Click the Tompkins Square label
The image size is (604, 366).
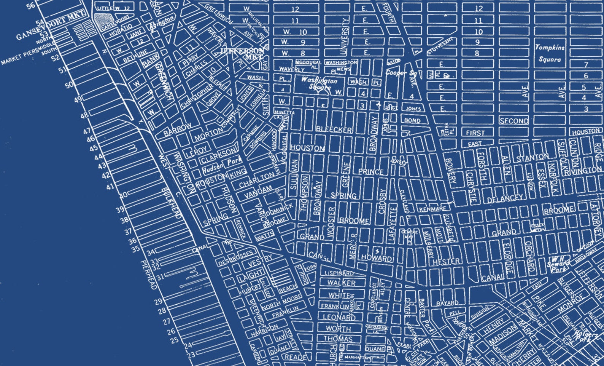pos(550,53)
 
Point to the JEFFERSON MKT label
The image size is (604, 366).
pos(242,54)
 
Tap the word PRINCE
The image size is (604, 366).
pos(370,172)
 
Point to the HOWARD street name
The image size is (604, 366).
pos(377,258)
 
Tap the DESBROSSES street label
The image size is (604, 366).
pos(235,258)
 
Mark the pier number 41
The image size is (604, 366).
pos(110,187)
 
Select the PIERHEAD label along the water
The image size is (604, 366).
pos(149,274)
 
